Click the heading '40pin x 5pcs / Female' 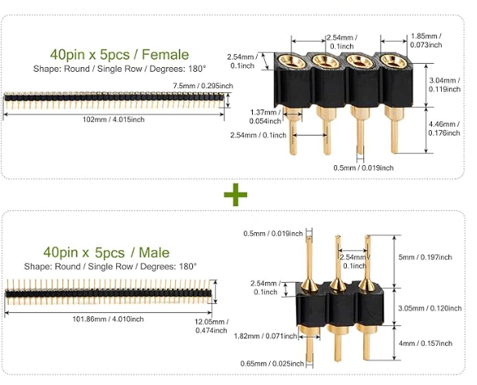pos(119,54)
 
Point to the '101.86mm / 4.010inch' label pos(110,320)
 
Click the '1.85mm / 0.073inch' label pos(426,41)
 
